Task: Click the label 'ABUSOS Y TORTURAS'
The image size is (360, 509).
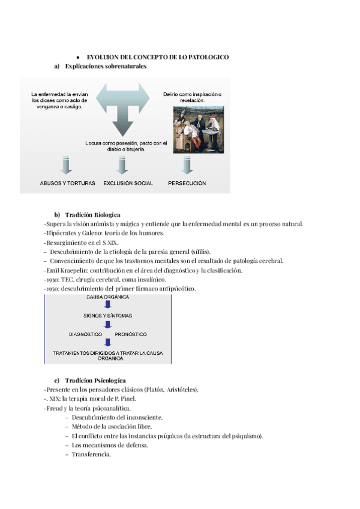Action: click(x=67, y=183)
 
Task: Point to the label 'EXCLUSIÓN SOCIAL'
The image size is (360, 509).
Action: click(x=128, y=183)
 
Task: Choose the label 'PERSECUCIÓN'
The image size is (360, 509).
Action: click(x=187, y=183)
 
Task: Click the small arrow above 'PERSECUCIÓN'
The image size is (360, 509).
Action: click(x=187, y=165)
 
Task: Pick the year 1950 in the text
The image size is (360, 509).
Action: click(x=54, y=289)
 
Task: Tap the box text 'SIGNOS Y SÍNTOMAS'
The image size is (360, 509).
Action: click(x=108, y=316)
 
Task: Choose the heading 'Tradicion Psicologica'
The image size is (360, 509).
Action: click(x=95, y=381)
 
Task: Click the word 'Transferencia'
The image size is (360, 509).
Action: click(x=91, y=454)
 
